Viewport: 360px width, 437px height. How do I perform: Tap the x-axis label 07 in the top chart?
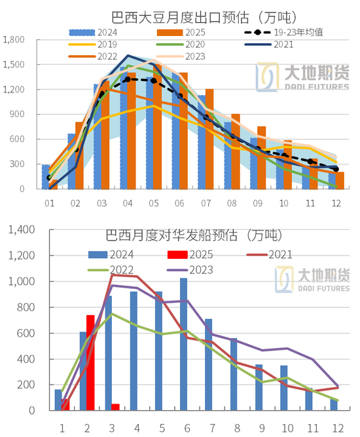point(206,203)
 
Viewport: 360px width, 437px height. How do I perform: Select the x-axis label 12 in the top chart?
point(335,203)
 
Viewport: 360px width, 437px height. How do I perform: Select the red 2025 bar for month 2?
point(90,362)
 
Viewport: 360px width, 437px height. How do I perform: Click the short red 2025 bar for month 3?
point(115,407)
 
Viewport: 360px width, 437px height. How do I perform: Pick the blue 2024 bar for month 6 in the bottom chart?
point(183,344)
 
